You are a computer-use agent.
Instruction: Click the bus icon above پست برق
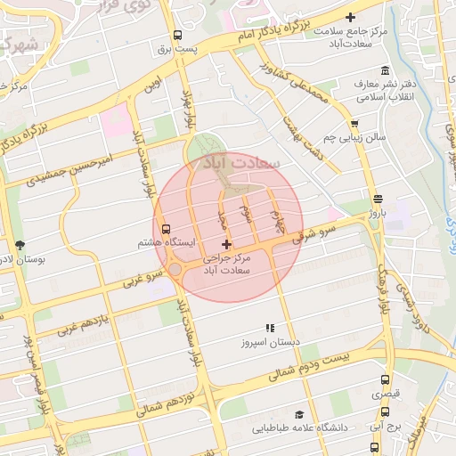tap(177, 37)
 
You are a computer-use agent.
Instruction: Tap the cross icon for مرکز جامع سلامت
tap(350, 18)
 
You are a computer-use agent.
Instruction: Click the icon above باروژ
tap(379, 199)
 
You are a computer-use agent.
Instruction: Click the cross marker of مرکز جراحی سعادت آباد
tap(226, 244)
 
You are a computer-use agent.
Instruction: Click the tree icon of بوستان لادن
tap(20, 245)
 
